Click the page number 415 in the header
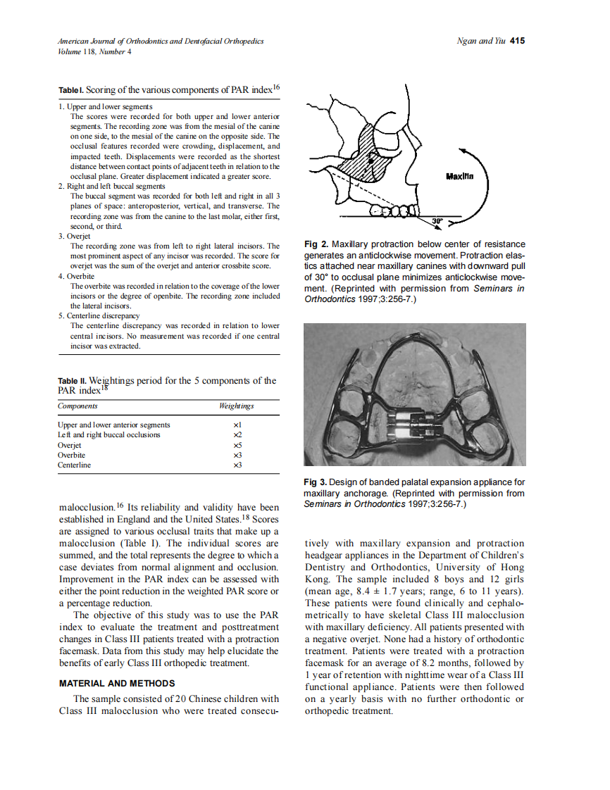517,41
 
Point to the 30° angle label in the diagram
437,222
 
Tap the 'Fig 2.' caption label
316,244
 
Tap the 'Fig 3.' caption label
316,482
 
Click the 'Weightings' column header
237,406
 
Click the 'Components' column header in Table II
77,406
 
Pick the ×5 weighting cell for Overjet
237,445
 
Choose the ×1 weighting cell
237,425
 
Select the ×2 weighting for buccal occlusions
237,435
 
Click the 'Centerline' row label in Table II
74,465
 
